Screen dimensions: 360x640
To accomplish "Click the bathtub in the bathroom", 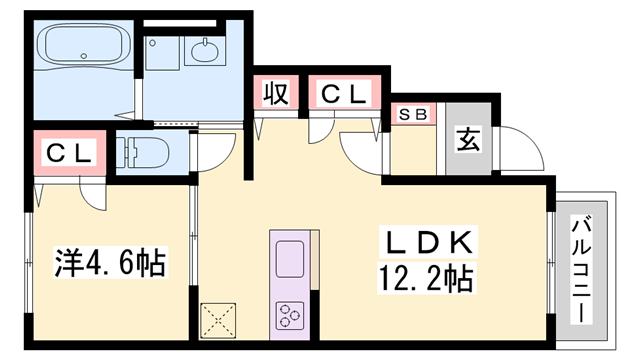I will (x=82, y=46).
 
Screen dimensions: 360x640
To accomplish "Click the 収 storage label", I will (x=276, y=94).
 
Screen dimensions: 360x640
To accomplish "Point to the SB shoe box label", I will (x=414, y=114).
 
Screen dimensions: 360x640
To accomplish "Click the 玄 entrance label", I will (x=468, y=139).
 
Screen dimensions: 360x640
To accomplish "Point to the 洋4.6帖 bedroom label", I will (x=109, y=264).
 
